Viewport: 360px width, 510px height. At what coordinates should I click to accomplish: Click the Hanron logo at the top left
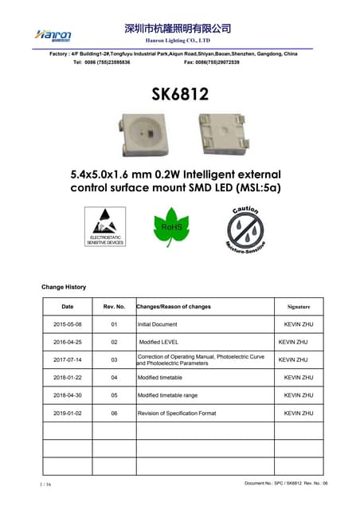click(x=54, y=34)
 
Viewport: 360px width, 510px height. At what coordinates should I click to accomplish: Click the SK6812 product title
click(x=180, y=95)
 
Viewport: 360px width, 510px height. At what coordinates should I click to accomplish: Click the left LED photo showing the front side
click(x=145, y=131)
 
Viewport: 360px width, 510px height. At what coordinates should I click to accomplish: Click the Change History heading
click(x=64, y=287)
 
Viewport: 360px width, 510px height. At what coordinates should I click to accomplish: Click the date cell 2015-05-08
click(x=68, y=325)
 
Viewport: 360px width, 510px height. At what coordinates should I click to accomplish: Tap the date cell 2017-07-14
click(x=68, y=360)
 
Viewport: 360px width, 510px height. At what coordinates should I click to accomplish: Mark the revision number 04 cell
click(x=114, y=378)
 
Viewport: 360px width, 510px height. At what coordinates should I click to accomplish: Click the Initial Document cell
click(x=158, y=325)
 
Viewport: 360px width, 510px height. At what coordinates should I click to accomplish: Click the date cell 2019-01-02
click(x=68, y=414)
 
